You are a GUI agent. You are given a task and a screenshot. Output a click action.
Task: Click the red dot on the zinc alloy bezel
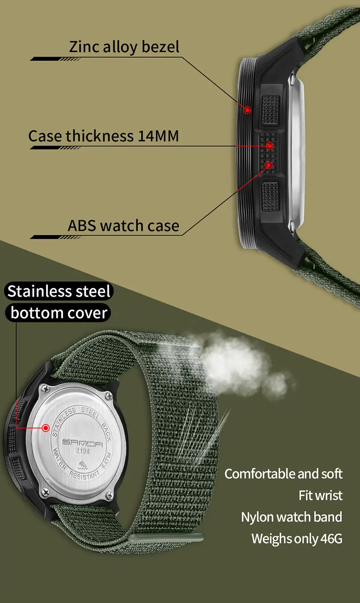coord(247,110)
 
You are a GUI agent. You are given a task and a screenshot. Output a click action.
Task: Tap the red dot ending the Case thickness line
coord(270,146)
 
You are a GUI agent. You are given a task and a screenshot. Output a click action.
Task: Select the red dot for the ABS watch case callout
coord(268,165)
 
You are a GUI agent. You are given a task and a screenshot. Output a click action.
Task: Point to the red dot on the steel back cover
coord(46,428)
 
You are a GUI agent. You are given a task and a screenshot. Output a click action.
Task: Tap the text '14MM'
coord(159,136)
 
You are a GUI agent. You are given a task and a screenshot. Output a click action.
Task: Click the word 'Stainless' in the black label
coord(40,291)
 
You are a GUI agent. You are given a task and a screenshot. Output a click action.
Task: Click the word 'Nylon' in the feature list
coord(257,517)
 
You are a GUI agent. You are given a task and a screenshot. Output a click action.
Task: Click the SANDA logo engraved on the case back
coord(82,443)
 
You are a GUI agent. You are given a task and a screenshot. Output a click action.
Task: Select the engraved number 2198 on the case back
coord(82,451)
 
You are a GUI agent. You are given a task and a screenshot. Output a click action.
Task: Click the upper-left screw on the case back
coord(45,389)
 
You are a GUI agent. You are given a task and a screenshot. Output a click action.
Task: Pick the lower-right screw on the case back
coord(109,495)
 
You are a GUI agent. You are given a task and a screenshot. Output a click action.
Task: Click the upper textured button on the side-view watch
coord(271,110)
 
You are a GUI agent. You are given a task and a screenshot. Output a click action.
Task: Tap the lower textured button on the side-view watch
coord(270,196)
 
